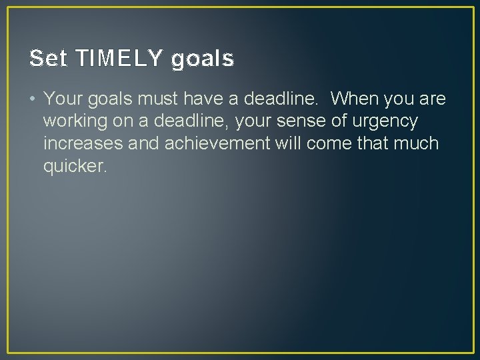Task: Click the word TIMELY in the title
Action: pos(120,59)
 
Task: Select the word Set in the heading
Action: pos(49,59)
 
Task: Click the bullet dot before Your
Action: pos(33,100)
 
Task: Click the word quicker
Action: pos(75,166)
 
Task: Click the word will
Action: pos(288,144)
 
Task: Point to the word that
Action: pos(371,144)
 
